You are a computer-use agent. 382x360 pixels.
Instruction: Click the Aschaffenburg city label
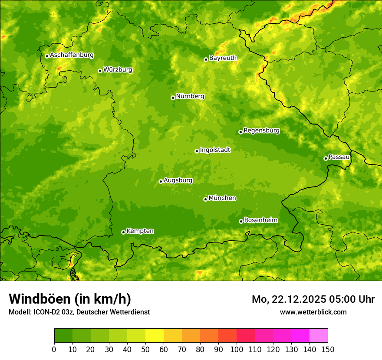(x=72, y=55)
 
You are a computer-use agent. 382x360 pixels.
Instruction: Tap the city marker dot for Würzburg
(x=100, y=71)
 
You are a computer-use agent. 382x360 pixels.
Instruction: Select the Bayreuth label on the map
(x=223, y=58)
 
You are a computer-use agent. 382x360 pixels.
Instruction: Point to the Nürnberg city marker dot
(x=173, y=98)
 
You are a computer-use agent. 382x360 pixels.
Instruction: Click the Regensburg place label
(x=261, y=131)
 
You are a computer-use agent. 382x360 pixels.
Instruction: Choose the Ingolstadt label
(x=215, y=150)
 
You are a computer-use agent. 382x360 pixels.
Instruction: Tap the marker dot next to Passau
(x=326, y=158)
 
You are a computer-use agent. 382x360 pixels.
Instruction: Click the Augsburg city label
(x=178, y=180)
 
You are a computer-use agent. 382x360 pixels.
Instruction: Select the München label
(x=222, y=198)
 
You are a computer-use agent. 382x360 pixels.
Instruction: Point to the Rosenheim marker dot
(x=241, y=221)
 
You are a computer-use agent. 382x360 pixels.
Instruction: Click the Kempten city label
(x=140, y=231)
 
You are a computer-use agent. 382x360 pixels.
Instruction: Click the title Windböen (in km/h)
(x=70, y=299)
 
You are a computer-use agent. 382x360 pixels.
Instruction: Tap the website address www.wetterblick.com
(x=313, y=312)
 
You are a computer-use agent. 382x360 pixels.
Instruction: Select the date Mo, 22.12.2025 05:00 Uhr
(x=313, y=299)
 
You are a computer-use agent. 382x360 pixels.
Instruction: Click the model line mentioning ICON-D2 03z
(x=79, y=312)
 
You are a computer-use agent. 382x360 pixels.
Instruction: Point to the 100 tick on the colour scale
(x=237, y=349)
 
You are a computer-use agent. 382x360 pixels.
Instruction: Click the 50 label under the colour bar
(x=145, y=349)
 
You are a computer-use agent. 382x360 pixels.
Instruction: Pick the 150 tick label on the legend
(x=328, y=349)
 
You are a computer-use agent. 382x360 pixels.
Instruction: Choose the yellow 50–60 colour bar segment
(x=155, y=336)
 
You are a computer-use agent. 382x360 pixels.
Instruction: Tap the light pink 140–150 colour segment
(x=319, y=336)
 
